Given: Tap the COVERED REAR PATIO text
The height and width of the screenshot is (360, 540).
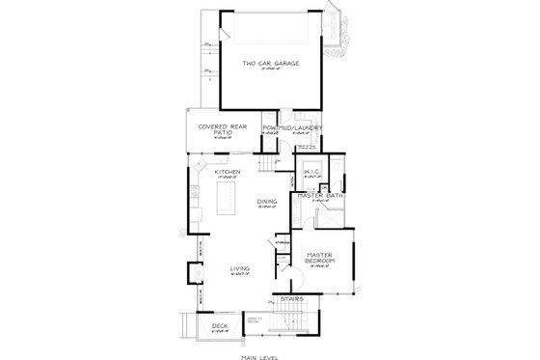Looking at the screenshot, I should pos(212,129).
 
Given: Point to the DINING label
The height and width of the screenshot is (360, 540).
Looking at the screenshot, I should pos(267,201).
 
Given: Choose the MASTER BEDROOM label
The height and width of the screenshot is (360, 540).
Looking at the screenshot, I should pos(319,259).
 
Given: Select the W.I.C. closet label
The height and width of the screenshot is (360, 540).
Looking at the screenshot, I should pos(311,174).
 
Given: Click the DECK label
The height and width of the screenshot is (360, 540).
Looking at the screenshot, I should pos(219,326).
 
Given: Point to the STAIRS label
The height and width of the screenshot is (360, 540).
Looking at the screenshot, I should pos(292,299).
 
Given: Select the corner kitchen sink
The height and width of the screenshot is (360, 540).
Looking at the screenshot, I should pos(196,172).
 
